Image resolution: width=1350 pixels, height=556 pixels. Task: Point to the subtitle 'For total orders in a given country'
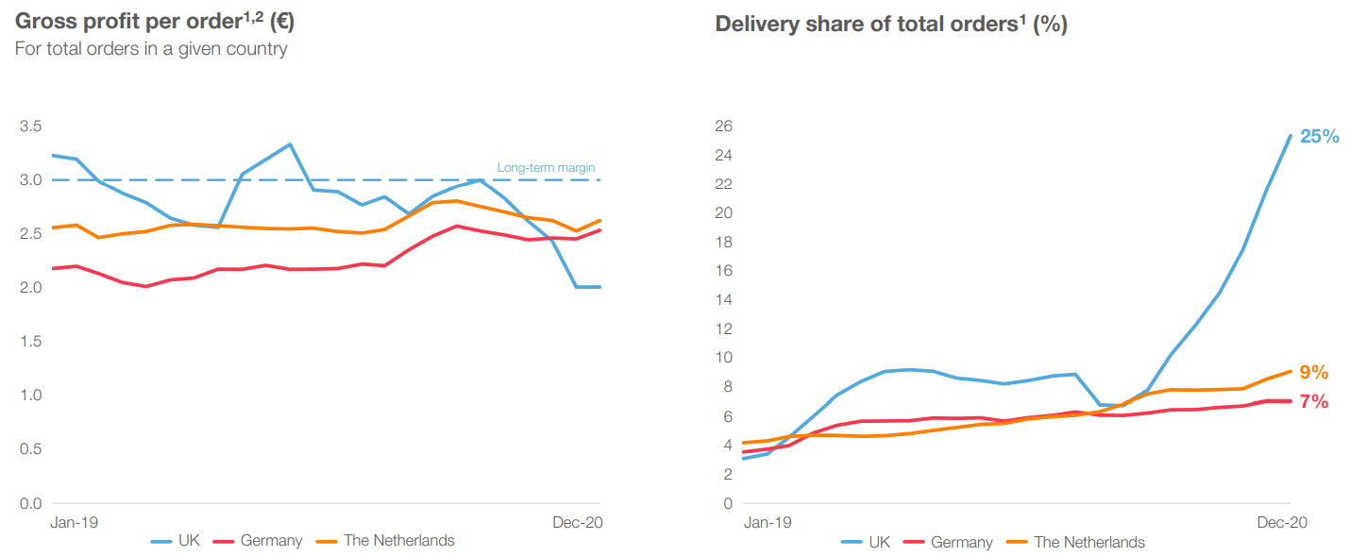point(151,49)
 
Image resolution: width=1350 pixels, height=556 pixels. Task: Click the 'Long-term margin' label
point(546,168)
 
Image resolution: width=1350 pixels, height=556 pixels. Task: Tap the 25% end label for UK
point(1319,136)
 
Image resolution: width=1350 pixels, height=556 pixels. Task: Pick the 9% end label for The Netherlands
point(1313,372)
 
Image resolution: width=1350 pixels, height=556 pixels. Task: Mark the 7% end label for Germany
point(1313,401)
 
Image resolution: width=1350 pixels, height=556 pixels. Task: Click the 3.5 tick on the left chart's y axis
point(30,126)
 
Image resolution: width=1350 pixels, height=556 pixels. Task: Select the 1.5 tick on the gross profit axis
point(30,342)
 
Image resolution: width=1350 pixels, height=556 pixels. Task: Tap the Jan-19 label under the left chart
point(74,521)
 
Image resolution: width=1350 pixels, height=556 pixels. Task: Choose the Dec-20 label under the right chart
point(1280,522)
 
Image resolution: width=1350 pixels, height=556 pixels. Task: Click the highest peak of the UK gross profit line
point(290,144)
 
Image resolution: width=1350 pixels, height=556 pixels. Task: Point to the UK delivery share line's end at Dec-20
point(1290,135)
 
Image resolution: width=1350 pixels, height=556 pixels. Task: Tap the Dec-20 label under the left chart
point(576,521)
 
